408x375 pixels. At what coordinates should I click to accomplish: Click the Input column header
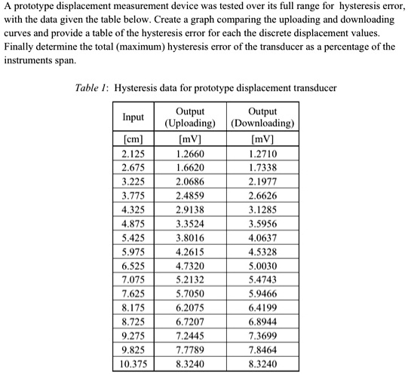(x=133, y=117)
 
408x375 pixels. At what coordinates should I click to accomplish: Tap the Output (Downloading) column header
(x=262, y=117)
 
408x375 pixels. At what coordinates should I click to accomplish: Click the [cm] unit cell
(x=133, y=139)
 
